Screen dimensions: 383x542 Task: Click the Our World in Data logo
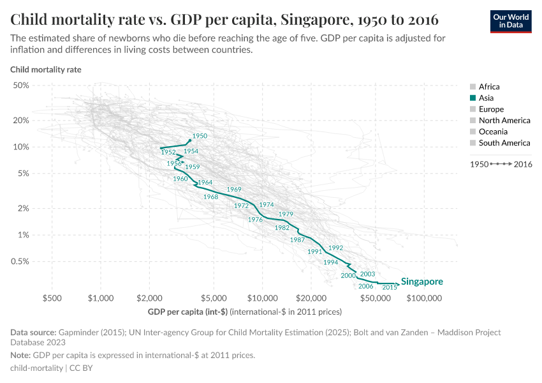tap(510, 20)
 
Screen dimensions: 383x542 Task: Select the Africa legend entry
tap(488, 87)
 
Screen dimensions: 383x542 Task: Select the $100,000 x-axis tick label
tap(424, 298)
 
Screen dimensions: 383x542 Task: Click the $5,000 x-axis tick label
tap(214, 298)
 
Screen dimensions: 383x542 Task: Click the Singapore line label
tap(421, 282)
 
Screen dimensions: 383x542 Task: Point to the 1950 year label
tap(200, 136)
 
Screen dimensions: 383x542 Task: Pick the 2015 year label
tap(390, 288)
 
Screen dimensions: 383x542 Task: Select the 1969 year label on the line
tap(234, 190)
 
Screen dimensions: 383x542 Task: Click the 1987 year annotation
tap(297, 240)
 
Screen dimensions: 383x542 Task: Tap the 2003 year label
tap(367, 274)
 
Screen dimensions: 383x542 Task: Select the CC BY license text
tap(81, 368)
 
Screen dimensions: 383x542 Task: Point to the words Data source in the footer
tap(33, 333)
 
